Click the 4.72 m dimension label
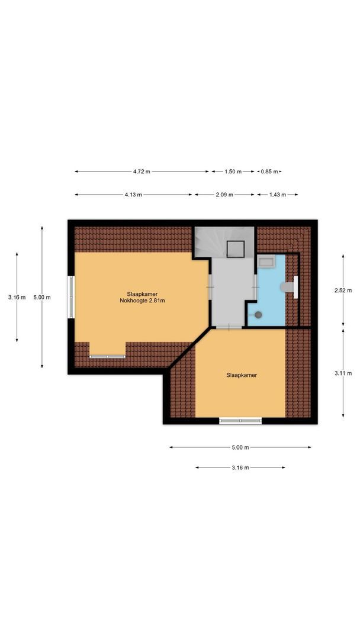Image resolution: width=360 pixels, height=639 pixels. [x=142, y=172]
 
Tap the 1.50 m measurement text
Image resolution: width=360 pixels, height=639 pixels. [x=233, y=172]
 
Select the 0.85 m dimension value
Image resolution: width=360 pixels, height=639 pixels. [x=269, y=172]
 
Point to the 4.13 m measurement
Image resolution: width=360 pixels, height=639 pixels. [x=133, y=195]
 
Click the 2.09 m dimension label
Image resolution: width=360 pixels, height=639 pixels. [x=224, y=195]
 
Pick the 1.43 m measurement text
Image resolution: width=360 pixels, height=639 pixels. [x=277, y=195]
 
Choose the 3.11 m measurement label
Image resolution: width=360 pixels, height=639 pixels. [x=343, y=373]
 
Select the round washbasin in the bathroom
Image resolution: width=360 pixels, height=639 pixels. [x=258, y=315]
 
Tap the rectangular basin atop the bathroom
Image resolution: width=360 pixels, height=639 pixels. [x=265, y=263]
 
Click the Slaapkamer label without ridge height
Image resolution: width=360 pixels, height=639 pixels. [x=242, y=375]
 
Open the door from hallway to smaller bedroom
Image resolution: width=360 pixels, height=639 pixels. [x=229, y=326]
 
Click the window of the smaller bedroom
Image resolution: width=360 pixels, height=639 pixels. [x=240, y=421]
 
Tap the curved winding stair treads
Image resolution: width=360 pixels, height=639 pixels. [x=210, y=243]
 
